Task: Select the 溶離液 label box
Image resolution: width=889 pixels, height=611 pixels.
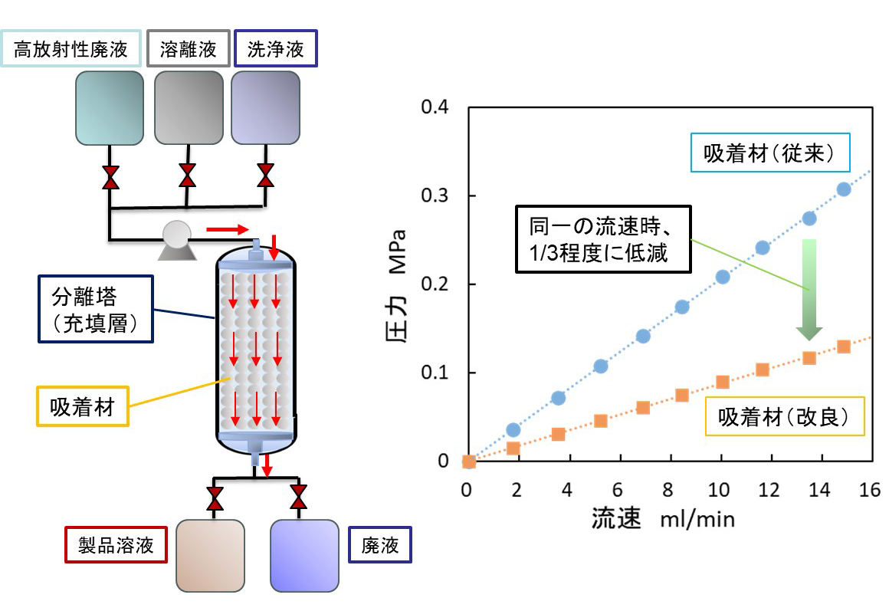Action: tap(188, 50)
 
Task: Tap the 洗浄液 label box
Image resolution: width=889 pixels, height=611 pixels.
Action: tap(276, 50)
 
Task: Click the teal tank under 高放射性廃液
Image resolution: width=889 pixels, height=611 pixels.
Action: tap(110, 107)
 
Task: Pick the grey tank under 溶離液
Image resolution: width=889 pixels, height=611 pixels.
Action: tap(188, 107)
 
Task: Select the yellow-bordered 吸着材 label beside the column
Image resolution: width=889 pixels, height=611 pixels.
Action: tap(82, 406)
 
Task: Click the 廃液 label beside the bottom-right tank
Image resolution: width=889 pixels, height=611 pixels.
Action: tap(379, 545)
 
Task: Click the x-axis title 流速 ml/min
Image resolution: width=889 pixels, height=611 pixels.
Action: tap(663, 519)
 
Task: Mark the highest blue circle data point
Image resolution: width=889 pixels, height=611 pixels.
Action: tap(844, 189)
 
